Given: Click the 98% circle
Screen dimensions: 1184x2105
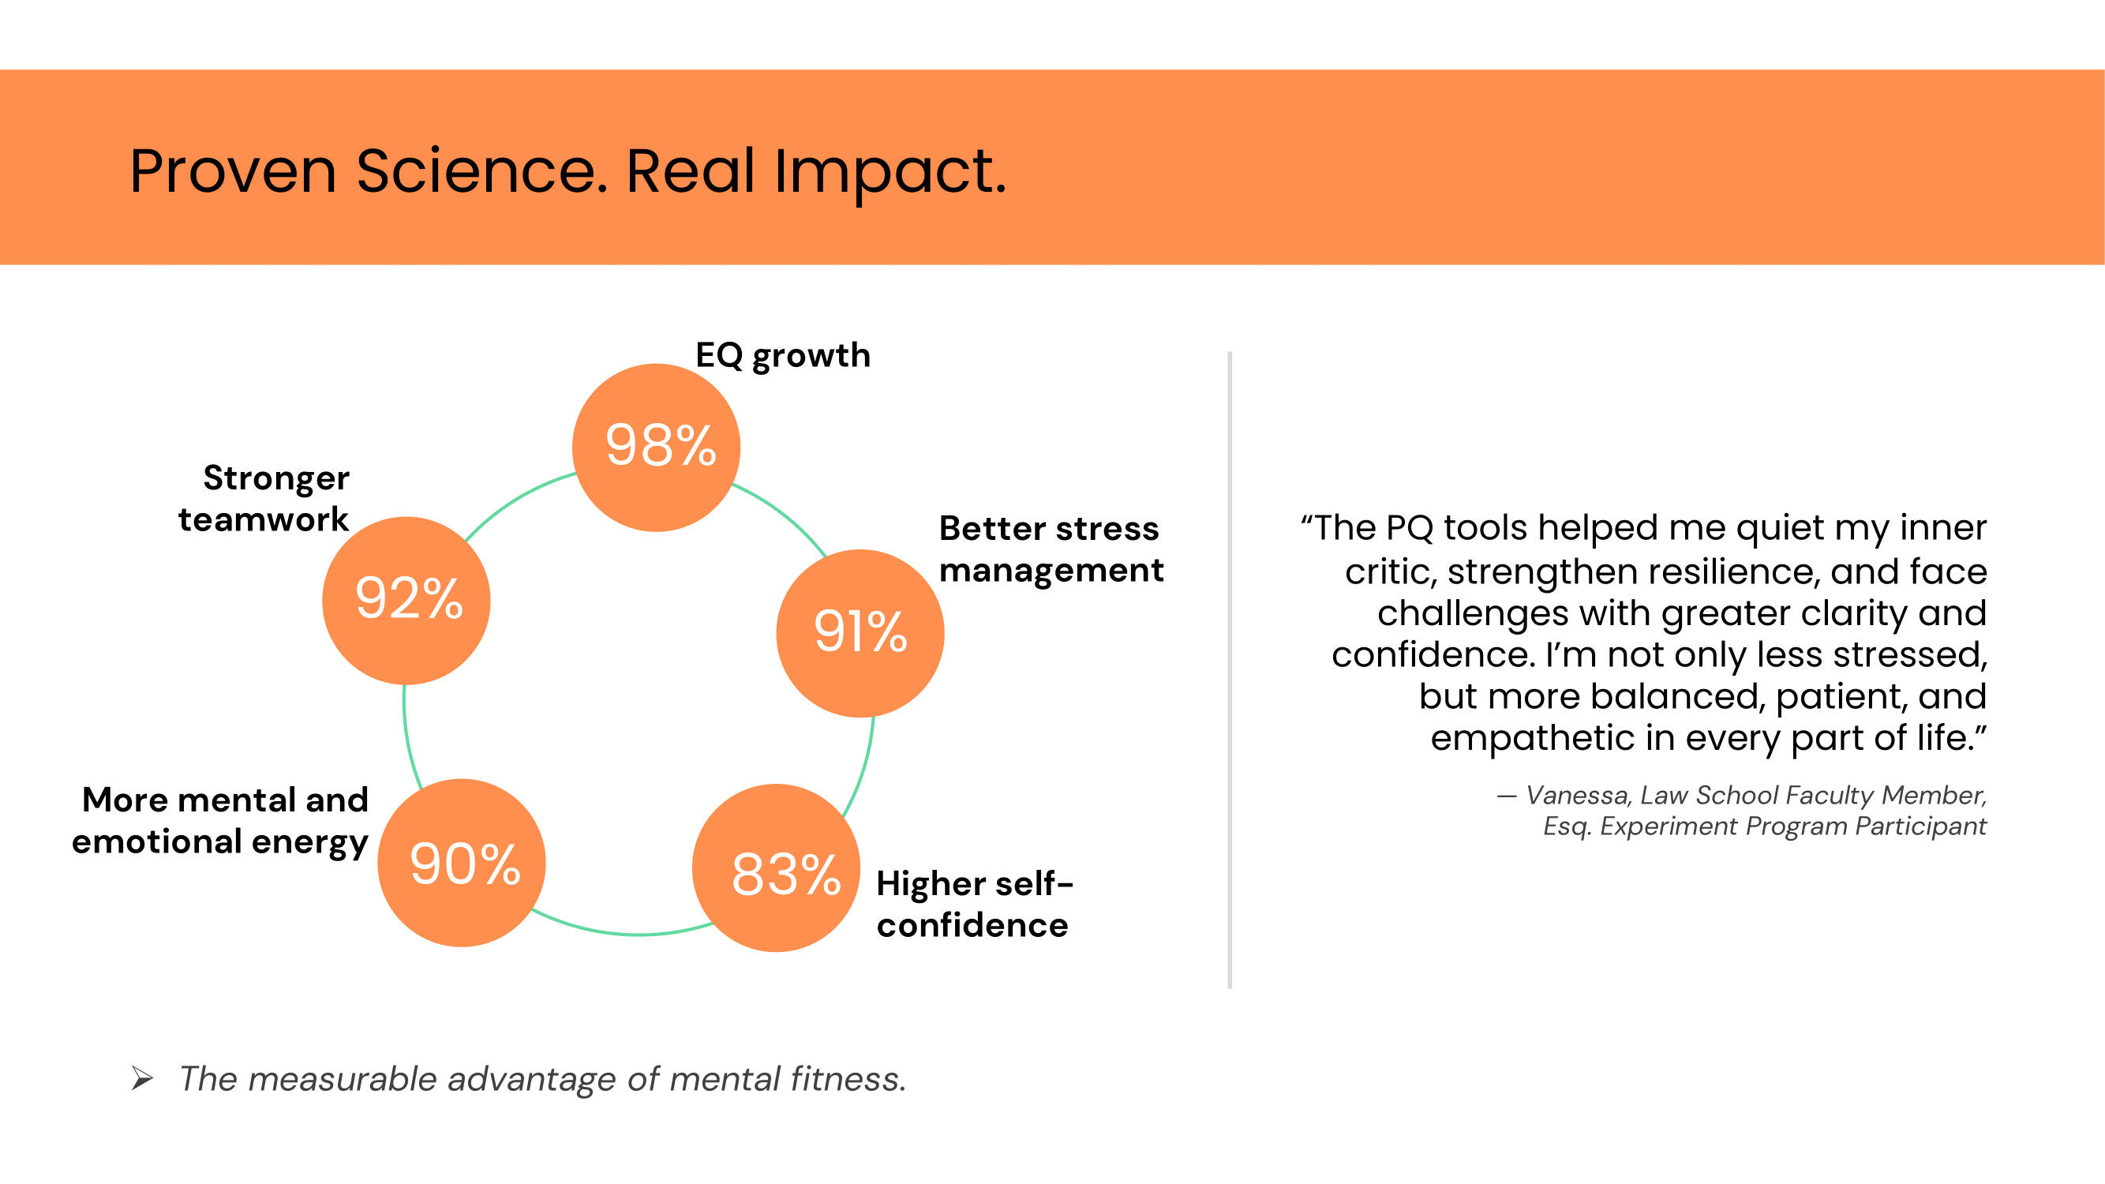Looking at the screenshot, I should tap(656, 447).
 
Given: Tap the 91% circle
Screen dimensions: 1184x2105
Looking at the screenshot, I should tap(860, 632).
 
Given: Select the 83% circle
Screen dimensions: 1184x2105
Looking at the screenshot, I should tap(777, 867).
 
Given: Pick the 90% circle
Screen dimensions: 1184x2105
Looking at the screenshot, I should tap(462, 862).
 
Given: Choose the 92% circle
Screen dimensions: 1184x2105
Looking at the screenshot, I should tap(406, 600).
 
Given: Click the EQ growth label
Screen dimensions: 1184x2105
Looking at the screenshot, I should tap(782, 355).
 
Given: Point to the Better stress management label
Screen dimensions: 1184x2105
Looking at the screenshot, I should tap(1050, 549).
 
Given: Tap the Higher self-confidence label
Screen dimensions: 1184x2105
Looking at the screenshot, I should tap(973, 904).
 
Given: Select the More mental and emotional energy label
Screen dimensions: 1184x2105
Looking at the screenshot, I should tap(221, 820).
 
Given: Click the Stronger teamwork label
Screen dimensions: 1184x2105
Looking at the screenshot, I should tap(264, 498).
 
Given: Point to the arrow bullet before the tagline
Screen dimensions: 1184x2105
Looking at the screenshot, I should tap(142, 1078).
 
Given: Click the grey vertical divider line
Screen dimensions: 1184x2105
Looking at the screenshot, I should tap(1229, 670).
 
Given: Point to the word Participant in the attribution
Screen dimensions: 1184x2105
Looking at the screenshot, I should tap(1920, 826).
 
